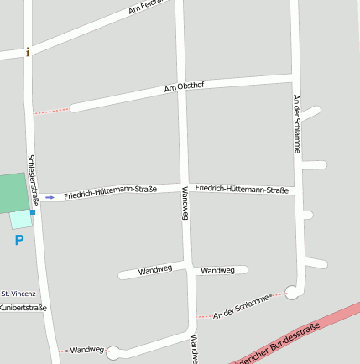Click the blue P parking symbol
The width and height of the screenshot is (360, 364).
pyautogui.click(x=18, y=241)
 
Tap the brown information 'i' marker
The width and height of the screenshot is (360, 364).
pyautogui.click(x=28, y=53)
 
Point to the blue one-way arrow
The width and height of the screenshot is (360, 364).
pyautogui.click(x=50, y=197)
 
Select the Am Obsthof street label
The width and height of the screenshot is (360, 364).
pyautogui.click(x=184, y=87)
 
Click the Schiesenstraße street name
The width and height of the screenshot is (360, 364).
pyautogui.click(x=34, y=179)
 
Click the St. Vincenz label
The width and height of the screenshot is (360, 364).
pyautogui.click(x=18, y=294)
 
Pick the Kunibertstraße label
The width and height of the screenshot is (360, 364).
pyautogui.click(x=23, y=308)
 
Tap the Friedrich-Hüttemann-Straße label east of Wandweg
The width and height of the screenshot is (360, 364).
pyautogui.click(x=242, y=190)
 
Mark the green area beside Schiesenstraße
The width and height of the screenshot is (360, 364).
pyautogui.click(x=13, y=193)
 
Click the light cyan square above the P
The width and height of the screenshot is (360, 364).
pyautogui.click(x=20, y=220)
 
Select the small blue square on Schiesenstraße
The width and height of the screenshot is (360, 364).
pyautogui.click(x=33, y=212)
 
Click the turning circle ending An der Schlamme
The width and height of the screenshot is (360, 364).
pyautogui.click(x=292, y=292)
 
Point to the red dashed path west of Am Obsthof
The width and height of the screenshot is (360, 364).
pyautogui.click(x=51, y=110)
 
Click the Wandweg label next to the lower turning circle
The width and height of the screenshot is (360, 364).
pyautogui.click(x=86, y=350)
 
